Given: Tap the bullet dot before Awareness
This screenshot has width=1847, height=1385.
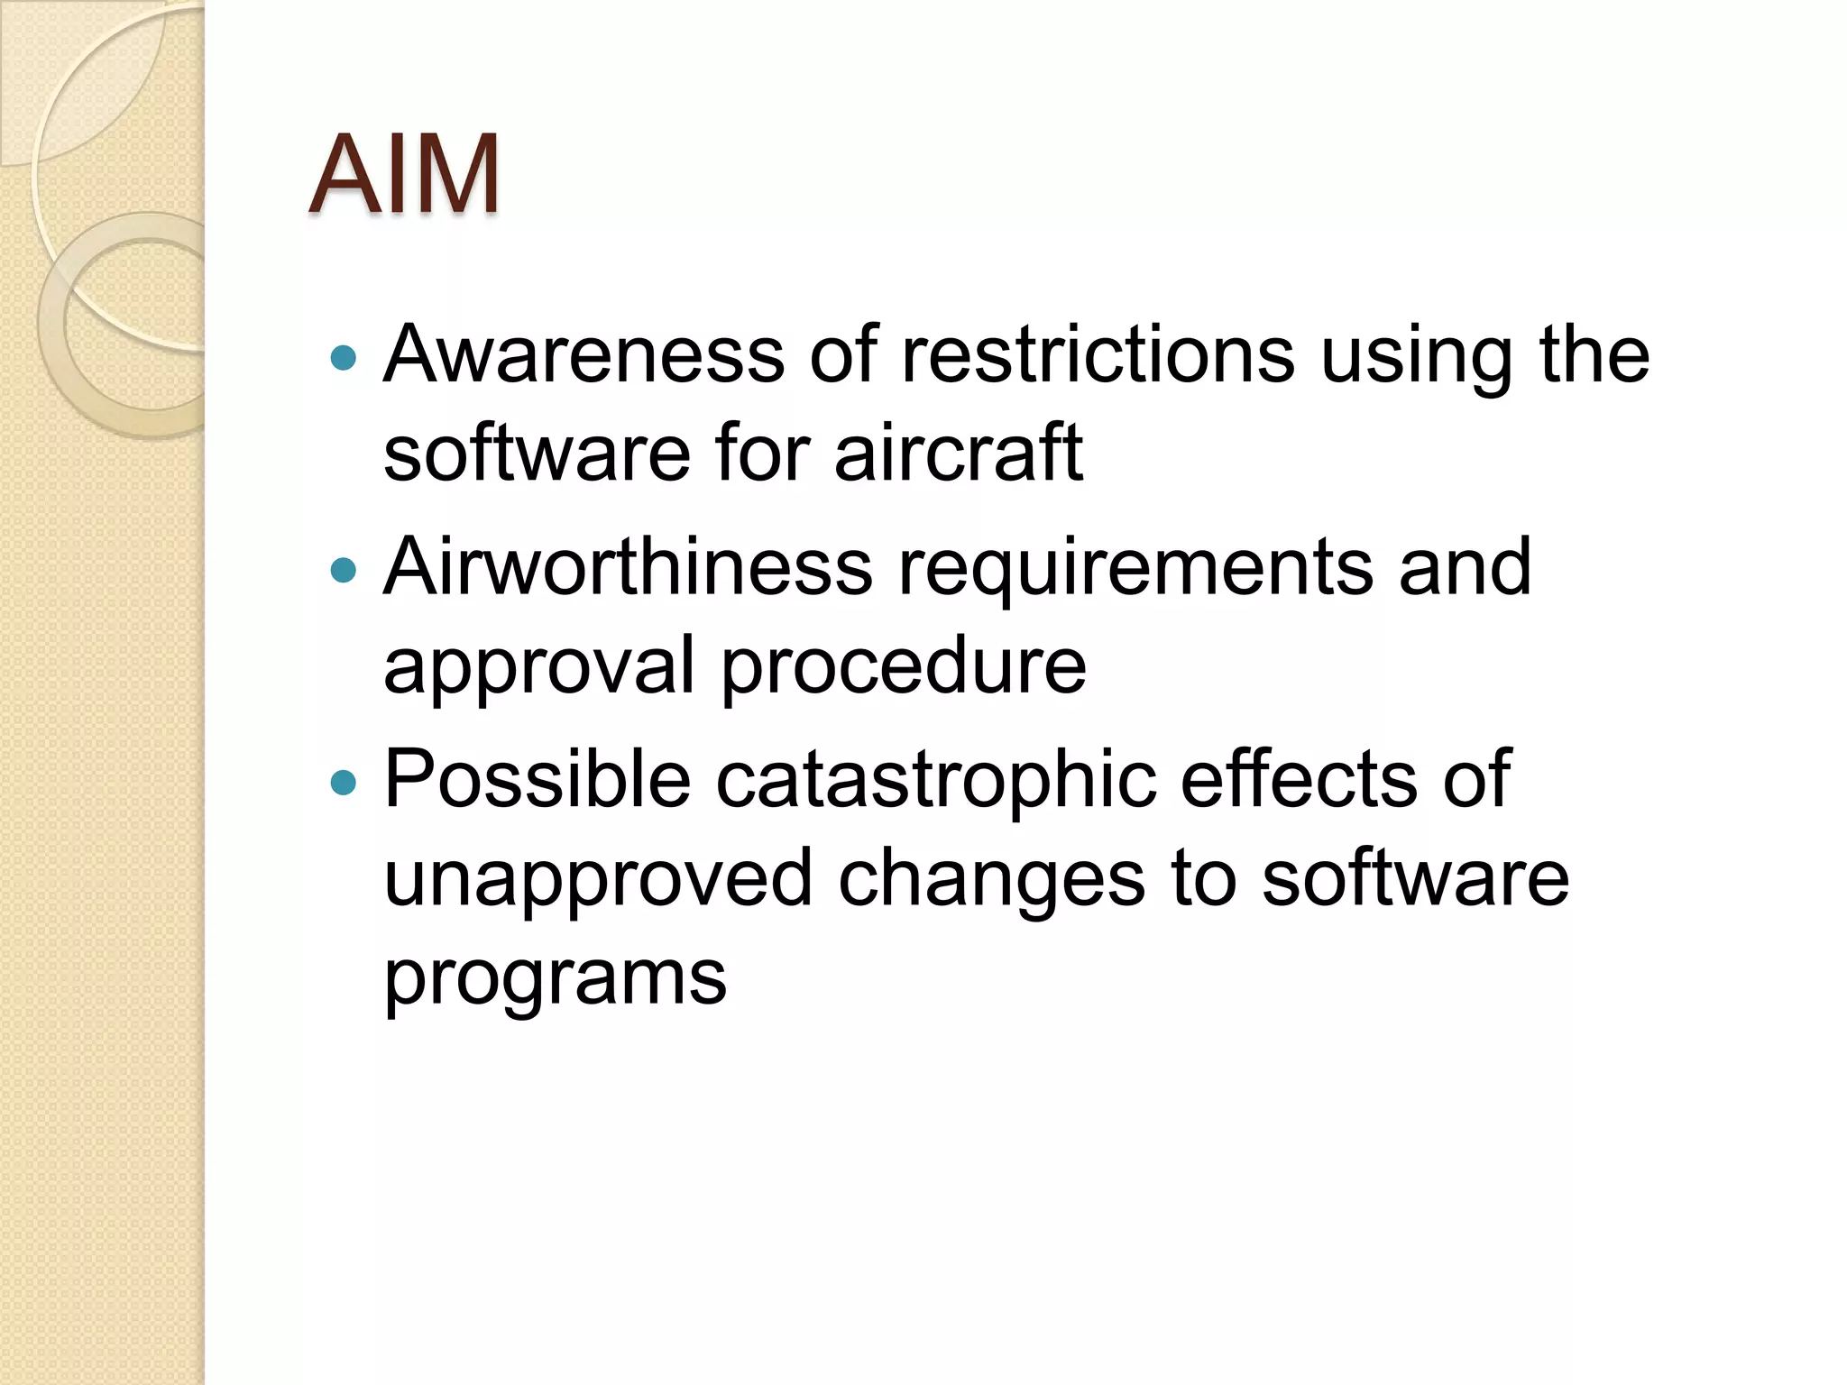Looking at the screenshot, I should [344, 359].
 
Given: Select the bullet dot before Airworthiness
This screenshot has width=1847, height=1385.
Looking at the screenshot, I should [344, 570].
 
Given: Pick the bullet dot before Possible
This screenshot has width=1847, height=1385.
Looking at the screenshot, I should [344, 782].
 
